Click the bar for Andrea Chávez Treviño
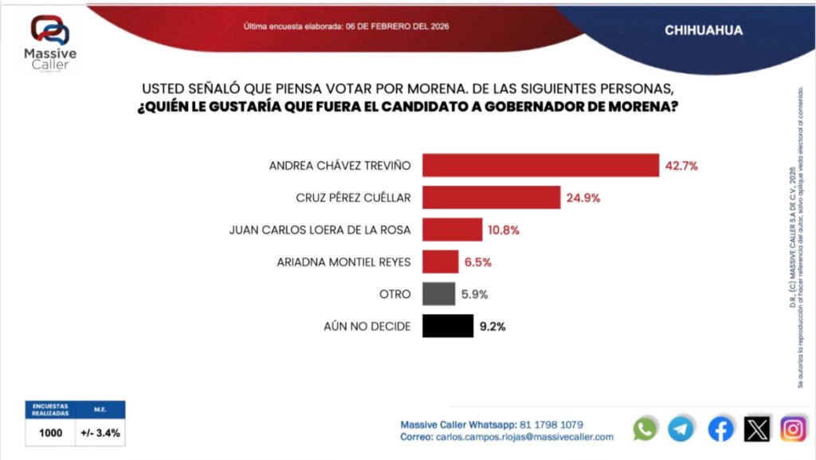pyautogui.click(x=540, y=165)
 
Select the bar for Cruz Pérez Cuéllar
pyautogui.click(x=491, y=198)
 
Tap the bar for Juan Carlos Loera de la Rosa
pyautogui.click(x=452, y=230)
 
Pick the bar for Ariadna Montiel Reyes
pyautogui.click(x=440, y=261)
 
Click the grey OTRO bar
pyautogui.click(x=438, y=294)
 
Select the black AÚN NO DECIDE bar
pyautogui.click(x=448, y=326)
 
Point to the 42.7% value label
pyautogui.click(x=681, y=166)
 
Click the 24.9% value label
pyautogui.click(x=583, y=198)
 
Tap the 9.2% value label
pyautogui.click(x=492, y=326)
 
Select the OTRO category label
pyautogui.click(x=395, y=294)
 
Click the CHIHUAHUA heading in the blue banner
pyautogui.click(x=703, y=30)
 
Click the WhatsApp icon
pyautogui.click(x=645, y=429)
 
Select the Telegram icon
pyautogui.click(x=681, y=429)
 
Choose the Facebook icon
pyautogui.click(x=720, y=429)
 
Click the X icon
pyautogui.click(x=757, y=429)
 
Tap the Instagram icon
pyautogui.click(x=793, y=429)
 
